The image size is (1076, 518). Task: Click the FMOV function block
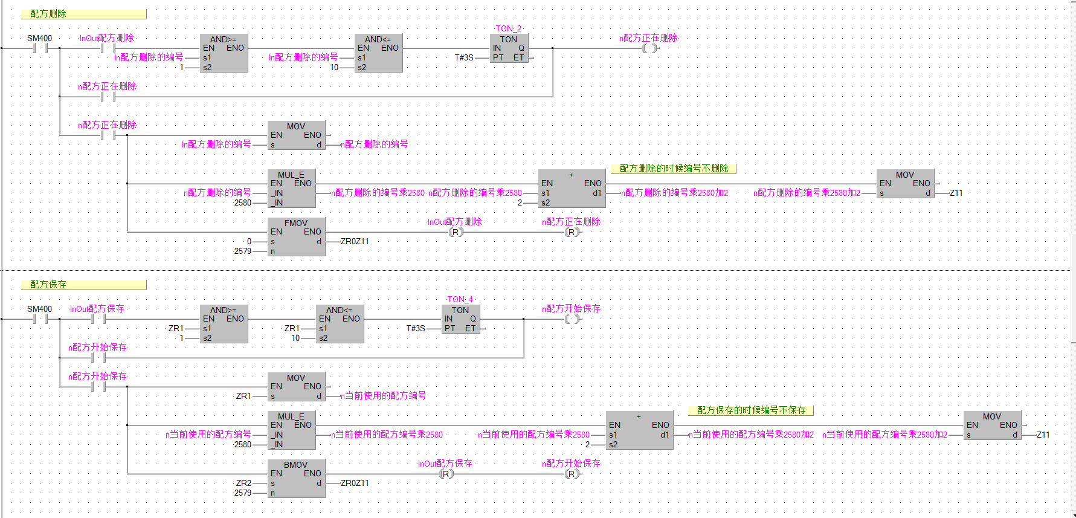296,236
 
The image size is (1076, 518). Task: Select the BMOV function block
296,478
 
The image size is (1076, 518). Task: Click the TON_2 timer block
509,48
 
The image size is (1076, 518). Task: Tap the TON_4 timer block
460,319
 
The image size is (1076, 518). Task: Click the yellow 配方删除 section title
83,14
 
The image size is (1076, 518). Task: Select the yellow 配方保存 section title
83,285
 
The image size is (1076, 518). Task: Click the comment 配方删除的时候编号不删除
674,169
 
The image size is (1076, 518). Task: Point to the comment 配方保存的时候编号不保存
751,410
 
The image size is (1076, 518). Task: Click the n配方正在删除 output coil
649,48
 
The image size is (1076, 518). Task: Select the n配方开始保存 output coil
572,319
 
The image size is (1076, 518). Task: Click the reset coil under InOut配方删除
456,232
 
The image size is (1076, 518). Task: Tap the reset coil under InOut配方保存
446,474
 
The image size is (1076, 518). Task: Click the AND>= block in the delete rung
224,53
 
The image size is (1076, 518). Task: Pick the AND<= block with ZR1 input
340,324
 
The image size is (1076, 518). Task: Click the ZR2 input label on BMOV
243,483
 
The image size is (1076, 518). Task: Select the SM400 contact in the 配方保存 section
40,319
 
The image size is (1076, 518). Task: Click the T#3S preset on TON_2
464,58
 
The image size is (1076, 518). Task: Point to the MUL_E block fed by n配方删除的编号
291,188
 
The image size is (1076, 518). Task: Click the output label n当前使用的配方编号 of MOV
384,396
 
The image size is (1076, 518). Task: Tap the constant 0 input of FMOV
249,241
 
